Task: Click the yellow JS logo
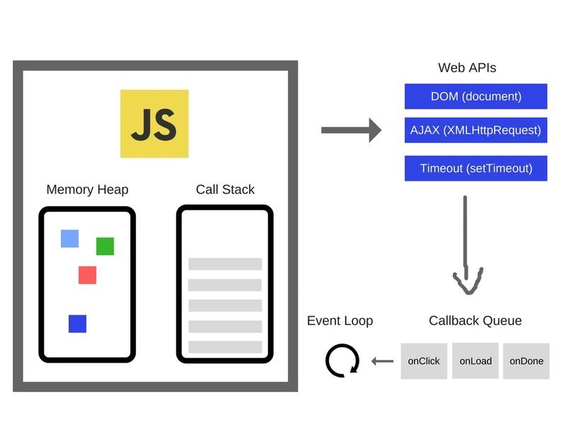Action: click(154, 124)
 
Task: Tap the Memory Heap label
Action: click(87, 190)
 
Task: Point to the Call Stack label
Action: click(225, 190)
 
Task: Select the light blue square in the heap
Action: click(69, 239)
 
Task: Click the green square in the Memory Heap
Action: click(105, 246)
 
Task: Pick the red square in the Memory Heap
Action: click(87, 275)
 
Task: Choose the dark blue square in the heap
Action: click(77, 324)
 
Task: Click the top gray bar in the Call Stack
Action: click(225, 264)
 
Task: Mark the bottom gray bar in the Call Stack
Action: click(225, 347)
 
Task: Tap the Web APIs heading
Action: click(467, 69)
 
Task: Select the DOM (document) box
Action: click(475, 96)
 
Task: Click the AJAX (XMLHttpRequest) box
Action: click(475, 130)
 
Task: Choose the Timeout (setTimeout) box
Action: click(475, 169)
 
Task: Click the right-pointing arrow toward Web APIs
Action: click(352, 130)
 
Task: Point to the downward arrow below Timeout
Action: click(466, 244)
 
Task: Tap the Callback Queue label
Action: click(475, 321)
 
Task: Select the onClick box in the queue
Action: click(424, 361)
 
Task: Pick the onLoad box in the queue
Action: click(475, 361)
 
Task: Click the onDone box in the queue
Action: click(526, 361)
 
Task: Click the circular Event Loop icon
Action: click(342, 361)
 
